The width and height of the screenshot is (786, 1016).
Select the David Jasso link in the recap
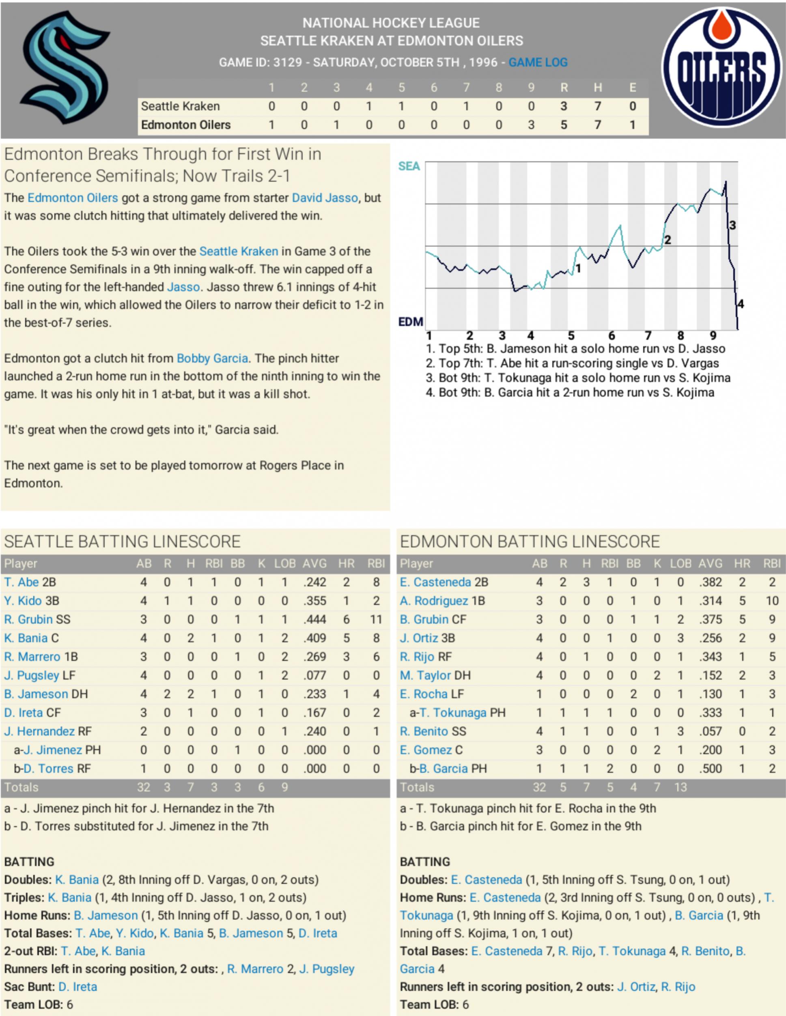click(324, 198)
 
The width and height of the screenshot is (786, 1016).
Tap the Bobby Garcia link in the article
click(212, 358)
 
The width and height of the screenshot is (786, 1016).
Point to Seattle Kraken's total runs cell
click(563, 107)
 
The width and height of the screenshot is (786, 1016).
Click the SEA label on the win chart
click(409, 167)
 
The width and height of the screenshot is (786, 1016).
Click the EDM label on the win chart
click(411, 322)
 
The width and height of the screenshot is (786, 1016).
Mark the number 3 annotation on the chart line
click(732, 226)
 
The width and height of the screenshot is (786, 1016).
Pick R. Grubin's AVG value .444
click(314, 619)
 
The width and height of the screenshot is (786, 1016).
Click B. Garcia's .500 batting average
click(710, 769)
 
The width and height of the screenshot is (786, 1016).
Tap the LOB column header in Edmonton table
click(680, 563)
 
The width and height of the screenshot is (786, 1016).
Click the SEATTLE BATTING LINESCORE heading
click(123, 541)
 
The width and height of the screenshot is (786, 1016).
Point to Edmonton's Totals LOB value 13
click(680, 787)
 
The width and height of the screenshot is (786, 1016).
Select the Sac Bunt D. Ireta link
click(78, 987)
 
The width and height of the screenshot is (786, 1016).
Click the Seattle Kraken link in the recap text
click(238, 251)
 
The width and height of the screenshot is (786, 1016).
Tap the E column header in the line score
click(632, 88)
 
